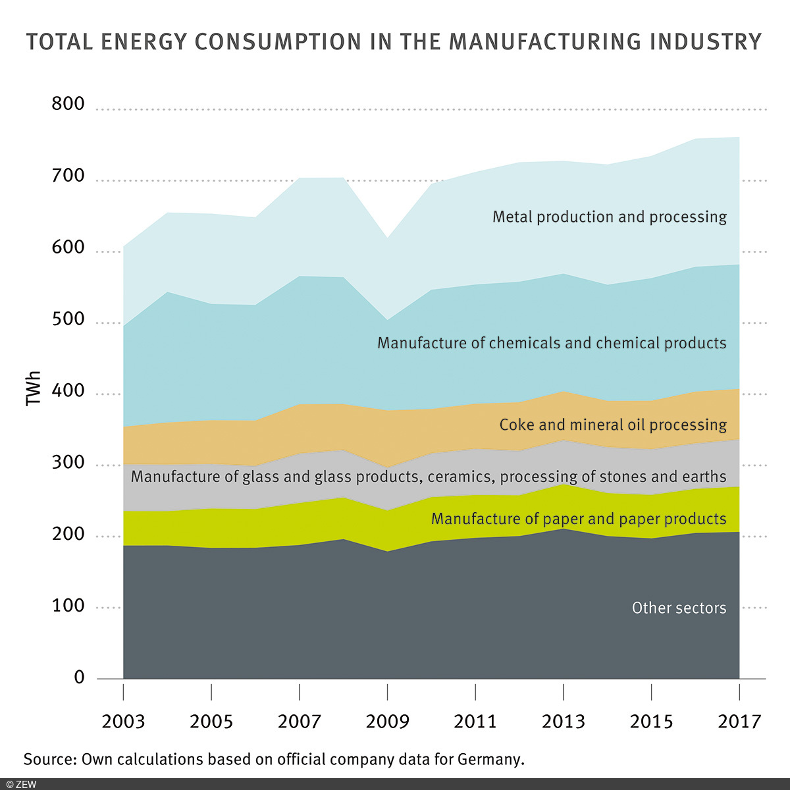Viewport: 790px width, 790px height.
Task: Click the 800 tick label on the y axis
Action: pos(68,103)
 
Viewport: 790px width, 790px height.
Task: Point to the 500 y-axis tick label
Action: pos(68,319)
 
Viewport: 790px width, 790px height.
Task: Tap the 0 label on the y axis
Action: pos(79,677)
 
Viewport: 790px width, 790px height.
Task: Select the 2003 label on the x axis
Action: pos(123,722)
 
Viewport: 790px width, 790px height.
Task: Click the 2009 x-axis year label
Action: pos(387,722)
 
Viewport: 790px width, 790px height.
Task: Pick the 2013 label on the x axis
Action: pos(563,722)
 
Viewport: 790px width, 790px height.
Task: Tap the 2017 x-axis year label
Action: pos(739,722)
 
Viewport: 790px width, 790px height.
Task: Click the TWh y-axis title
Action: pos(34,388)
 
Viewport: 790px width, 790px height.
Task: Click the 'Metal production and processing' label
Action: pos(610,217)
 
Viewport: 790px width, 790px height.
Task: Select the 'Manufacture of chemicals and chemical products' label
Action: pos(552,343)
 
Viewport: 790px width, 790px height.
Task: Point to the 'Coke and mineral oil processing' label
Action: pos(613,425)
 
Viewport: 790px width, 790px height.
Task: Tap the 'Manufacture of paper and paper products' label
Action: pos(579,519)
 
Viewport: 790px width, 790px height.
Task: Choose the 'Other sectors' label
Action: pos(679,608)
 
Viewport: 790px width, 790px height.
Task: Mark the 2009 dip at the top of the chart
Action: pos(388,238)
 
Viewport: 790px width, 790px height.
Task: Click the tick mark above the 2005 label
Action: pos(211,691)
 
